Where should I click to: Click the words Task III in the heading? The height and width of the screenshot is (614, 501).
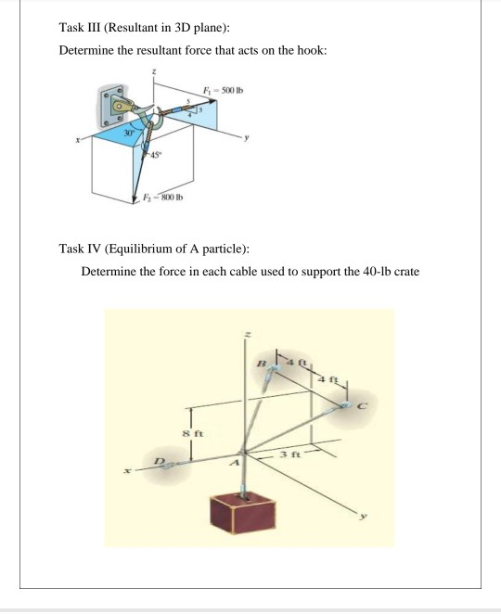pyautogui.click(x=83, y=26)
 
